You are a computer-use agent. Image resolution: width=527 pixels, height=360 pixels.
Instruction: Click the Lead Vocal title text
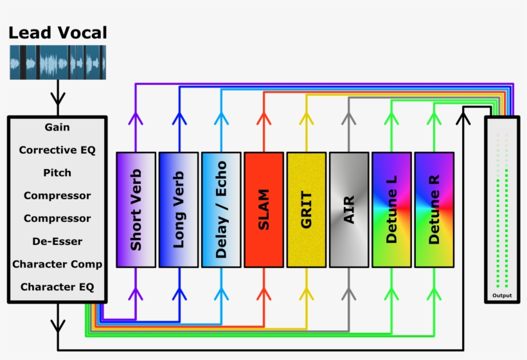tap(58, 33)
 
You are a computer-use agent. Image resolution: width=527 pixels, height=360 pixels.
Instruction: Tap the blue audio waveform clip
tap(58, 62)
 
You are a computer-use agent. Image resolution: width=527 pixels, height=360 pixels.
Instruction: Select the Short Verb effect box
tap(136, 210)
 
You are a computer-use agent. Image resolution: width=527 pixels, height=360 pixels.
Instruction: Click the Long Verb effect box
tap(179, 210)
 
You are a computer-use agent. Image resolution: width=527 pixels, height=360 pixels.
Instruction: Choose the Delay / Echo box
tap(221, 210)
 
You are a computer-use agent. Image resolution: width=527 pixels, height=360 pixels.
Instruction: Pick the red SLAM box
tap(263, 210)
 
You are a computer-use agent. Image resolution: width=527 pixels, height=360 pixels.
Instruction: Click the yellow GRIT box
tap(306, 210)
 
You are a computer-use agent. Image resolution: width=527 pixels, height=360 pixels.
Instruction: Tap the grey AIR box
tap(349, 210)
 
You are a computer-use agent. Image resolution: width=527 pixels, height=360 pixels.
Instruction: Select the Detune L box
tap(391, 210)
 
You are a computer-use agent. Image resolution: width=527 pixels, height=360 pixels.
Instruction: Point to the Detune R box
tap(434, 210)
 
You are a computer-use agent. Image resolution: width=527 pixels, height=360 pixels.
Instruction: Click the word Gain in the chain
tap(57, 127)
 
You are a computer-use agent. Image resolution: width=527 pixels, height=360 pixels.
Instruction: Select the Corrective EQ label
tap(57, 150)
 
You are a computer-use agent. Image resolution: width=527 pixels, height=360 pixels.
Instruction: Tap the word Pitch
tap(57, 173)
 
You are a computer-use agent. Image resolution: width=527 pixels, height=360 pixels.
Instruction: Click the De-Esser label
tap(57, 241)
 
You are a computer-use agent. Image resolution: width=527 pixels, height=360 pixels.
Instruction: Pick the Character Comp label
tap(57, 264)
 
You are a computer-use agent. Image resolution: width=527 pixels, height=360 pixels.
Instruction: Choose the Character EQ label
tap(57, 287)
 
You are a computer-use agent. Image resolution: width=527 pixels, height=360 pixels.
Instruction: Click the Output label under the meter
tap(503, 295)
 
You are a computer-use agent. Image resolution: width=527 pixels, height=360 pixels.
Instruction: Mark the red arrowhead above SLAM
tap(263, 118)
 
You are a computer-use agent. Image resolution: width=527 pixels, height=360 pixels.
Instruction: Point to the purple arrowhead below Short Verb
tap(136, 294)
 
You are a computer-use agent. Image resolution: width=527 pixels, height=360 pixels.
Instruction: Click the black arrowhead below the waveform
tap(58, 100)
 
